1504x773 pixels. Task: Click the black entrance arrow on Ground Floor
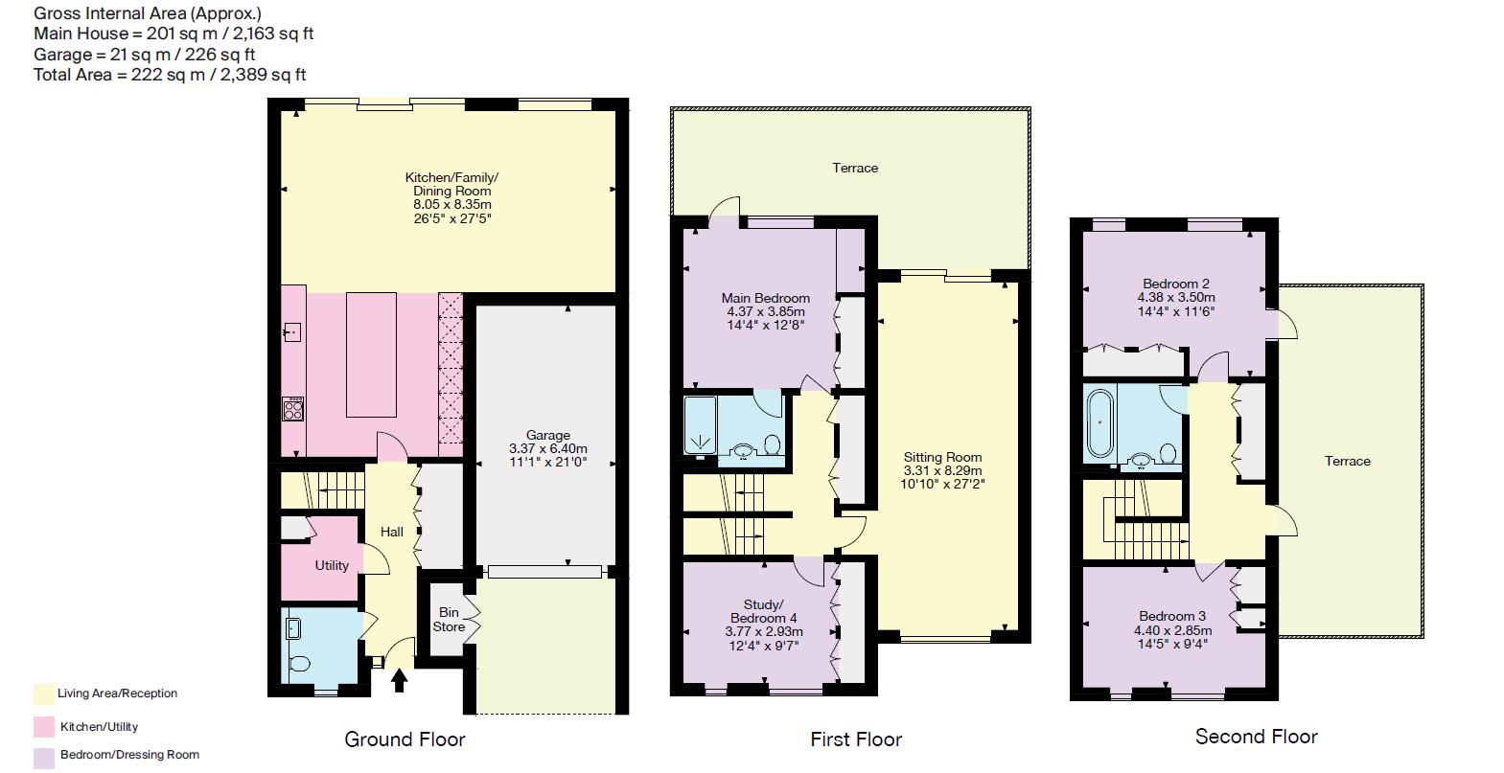(400, 679)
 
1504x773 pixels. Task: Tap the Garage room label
(547, 435)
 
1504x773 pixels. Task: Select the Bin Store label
(449, 620)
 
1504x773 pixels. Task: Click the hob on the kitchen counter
(292, 410)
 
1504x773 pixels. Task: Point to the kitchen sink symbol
(292, 332)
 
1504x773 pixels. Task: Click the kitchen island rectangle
(371, 354)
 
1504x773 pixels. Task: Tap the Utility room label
(332, 565)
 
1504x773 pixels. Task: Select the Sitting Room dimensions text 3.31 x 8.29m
(942, 470)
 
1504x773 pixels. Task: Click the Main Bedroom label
(765, 298)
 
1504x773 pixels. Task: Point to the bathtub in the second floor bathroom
(1099, 421)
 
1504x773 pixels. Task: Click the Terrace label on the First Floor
(854, 168)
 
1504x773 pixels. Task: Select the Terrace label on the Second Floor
(1347, 461)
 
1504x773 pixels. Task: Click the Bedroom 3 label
(1172, 616)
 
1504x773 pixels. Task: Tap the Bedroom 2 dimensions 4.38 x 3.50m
(1176, 297)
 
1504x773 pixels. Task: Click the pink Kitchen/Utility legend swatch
(43, 726)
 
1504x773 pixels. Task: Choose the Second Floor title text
(1256, 737)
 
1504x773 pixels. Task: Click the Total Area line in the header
(170, 75)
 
